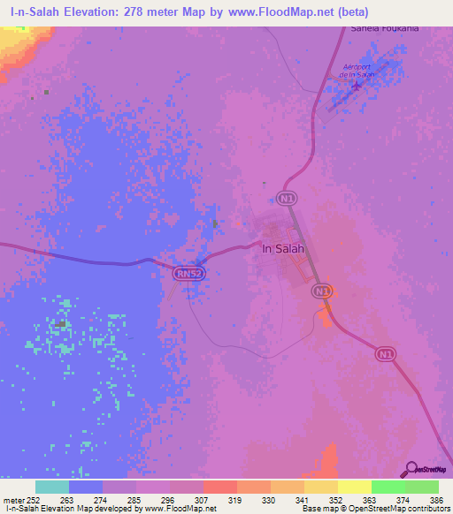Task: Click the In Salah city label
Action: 283,248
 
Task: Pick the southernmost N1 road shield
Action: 383,351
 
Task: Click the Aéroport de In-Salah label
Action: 357,71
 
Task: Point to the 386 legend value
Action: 438,499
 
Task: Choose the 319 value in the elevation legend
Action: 236,499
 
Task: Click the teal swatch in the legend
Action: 52,487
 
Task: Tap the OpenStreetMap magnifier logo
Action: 411,469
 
